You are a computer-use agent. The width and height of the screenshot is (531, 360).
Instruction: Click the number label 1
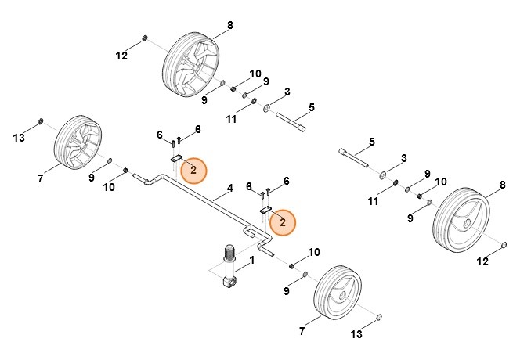click(252, 259)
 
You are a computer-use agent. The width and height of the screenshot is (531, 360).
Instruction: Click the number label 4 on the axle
click(230, 189)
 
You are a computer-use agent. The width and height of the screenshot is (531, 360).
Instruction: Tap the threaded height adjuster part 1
click(230, 266)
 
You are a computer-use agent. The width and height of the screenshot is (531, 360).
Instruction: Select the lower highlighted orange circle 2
click(283, 223)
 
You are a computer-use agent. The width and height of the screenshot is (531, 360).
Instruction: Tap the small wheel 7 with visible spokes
click(77, 146)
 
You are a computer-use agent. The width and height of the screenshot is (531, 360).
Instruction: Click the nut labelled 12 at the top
click(146, 39)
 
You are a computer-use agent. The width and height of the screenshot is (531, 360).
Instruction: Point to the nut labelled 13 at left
click(41, 123)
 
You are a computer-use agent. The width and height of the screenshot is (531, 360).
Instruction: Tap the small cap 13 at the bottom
click(380, 317)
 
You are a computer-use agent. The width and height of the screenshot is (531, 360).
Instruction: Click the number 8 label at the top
click(230, 26)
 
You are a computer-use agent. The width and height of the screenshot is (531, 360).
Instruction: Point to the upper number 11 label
click(231, 119)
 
